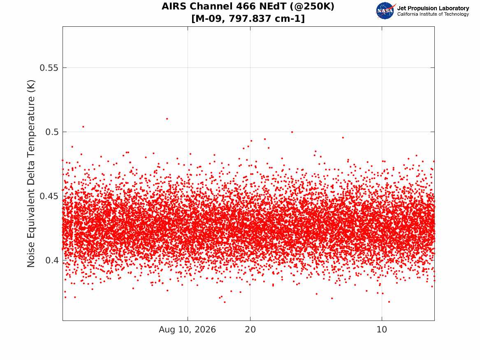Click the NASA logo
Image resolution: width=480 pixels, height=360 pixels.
(385, 11)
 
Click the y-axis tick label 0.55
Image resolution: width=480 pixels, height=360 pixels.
(49, 67)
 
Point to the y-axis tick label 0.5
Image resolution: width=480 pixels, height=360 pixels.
(52, 132)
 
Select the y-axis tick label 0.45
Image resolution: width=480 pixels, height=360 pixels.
(49, 196)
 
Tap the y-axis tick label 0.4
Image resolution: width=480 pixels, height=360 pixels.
(52, 260)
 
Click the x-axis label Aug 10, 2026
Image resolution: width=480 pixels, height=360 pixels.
(187, 330)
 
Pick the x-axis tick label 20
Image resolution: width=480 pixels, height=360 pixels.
(250, 330)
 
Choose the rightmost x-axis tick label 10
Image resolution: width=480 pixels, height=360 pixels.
(382, 330)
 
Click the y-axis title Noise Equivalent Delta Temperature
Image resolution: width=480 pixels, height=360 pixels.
(31, 174)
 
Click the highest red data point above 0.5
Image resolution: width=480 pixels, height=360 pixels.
(167, 119)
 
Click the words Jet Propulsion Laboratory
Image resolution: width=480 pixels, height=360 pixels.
(433, 8)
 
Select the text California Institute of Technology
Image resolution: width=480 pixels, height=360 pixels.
(433, 14)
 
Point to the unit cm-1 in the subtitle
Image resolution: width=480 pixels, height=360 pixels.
(286, 19)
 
